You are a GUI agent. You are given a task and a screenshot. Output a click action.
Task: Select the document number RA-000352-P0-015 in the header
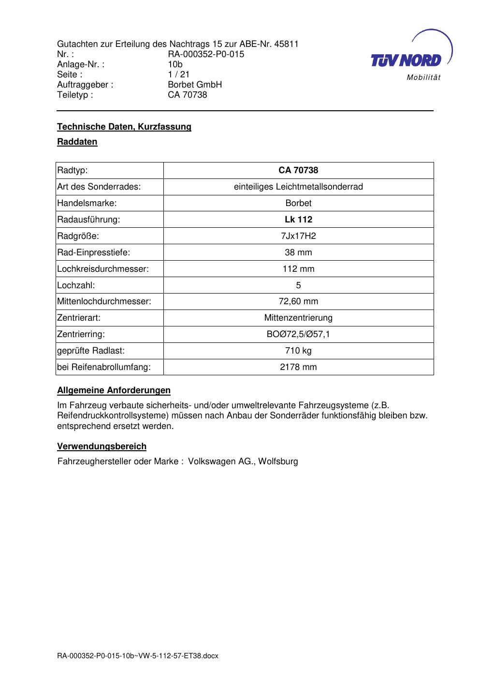pyautogui.click(x=206, y=54)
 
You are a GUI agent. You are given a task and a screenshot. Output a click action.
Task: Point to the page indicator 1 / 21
pyautogui.click(x=179, y=74)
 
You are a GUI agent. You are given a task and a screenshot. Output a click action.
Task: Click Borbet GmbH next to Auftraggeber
pyautogui.click(x=195, y=85)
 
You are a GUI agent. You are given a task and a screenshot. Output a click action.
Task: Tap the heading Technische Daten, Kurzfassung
pyautogui.click(x=124, y=127)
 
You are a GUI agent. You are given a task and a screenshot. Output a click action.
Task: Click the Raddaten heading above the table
pyautogui.click(x=77, y=142)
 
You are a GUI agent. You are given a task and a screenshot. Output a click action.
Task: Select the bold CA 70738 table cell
pyautogui.click(x=298, y=170)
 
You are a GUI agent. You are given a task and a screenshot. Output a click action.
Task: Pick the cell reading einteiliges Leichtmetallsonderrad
pyautogui.click(x=298, y=187)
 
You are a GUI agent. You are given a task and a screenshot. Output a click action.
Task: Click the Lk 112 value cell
pyautogui.click(x=298, y=220)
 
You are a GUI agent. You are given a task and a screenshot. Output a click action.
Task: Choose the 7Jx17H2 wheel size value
pyautogui.click(x=298, y=236)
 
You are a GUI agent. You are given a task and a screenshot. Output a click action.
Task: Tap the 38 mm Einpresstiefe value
pyautogui.click(x=298, y=252)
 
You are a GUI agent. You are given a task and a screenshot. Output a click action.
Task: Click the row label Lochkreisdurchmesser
pyautogui.click(x=103, y=269)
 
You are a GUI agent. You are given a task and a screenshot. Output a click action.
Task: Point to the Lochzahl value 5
pyautogui.click(x=298, y=285)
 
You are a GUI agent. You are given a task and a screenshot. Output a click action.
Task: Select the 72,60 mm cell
pyautogui.click(x=298, y=301)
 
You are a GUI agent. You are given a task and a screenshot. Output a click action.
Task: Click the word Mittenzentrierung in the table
pyautogui.click(x=298, y=318)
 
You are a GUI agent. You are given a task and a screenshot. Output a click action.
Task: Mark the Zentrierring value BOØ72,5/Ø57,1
pyautogui.click(x=298, y=334)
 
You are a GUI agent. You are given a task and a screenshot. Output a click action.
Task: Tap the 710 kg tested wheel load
pyautogui.click(x=298, y=351)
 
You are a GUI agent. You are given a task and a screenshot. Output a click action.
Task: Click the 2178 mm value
pyautogui.click(x=298, y=367)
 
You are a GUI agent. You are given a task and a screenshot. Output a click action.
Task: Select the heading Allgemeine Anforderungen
pyautogui.click(x=114, y=390)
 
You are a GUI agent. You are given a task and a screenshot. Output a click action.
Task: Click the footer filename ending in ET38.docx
pyautogui.click(x=138, y=656)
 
